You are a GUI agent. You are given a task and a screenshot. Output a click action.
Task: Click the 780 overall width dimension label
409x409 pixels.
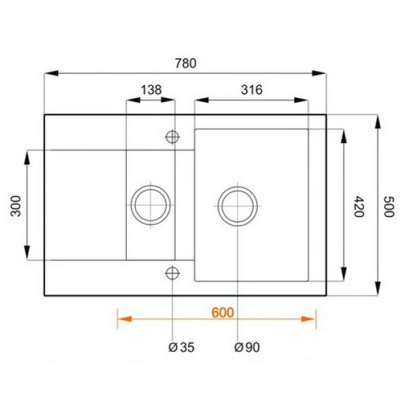(185, 63)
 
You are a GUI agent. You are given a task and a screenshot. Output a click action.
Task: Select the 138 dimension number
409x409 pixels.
(151, 90)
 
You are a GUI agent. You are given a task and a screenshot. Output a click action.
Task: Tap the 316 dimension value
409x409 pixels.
(252, 90)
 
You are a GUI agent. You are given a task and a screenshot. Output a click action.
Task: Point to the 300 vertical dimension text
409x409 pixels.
(16, 206)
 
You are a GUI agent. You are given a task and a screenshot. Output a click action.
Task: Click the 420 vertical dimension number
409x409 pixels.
(359, 207)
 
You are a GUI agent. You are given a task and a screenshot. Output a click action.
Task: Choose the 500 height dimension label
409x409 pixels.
(389, 207)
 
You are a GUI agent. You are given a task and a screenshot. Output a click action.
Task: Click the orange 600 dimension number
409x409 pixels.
(222, 313)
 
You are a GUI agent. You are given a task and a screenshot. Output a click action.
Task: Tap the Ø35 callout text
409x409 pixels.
(181, 347)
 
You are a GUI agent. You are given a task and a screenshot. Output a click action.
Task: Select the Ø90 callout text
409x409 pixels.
(247, 347)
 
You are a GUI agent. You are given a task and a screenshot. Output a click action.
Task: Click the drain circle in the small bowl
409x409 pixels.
(151, 185)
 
